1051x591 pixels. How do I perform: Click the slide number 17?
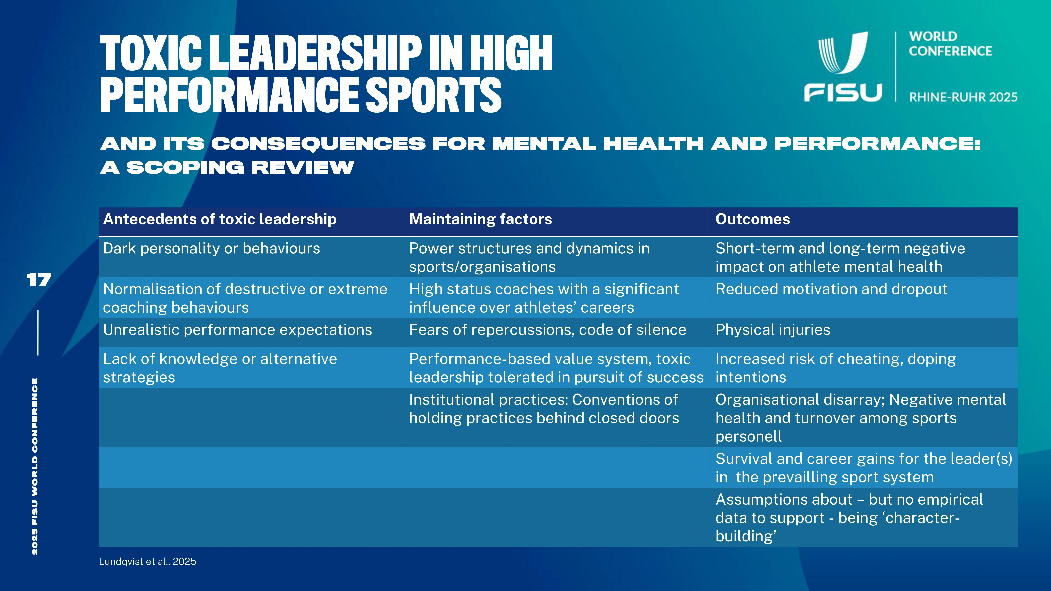coord(39,280)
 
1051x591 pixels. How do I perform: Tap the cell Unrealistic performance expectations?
coord(237,330)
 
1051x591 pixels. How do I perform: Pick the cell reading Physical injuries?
coord(773,330)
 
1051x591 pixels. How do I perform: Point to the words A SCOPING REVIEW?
coord(227,167)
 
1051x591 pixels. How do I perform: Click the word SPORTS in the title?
coord(433,95)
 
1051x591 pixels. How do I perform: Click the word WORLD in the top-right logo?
coord(933,36)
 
